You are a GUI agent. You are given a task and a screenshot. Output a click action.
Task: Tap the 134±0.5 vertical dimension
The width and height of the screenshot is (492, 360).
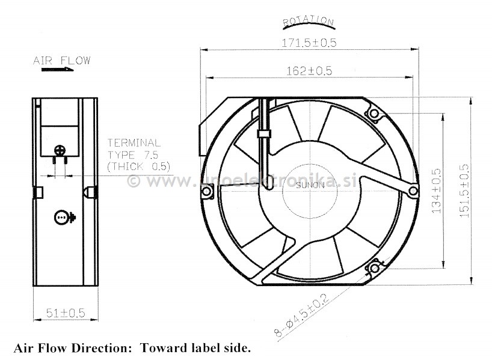(437, 191)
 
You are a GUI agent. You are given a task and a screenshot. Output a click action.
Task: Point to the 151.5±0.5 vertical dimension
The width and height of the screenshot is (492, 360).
(464, 191)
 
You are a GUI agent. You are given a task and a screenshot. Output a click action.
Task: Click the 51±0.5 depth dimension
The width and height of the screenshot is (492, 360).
(65, 312)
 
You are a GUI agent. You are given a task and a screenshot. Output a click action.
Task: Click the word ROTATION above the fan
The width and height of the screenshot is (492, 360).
(308, 22)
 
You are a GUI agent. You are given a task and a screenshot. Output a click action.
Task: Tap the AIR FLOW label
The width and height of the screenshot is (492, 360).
(61, 60)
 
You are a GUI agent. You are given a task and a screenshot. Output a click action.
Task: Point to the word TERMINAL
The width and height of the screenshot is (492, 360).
(134, 143)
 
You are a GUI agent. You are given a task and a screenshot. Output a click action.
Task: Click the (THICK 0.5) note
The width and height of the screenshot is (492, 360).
(138, 165)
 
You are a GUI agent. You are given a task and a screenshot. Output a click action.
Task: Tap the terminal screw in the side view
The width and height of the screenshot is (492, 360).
(60, 150)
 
